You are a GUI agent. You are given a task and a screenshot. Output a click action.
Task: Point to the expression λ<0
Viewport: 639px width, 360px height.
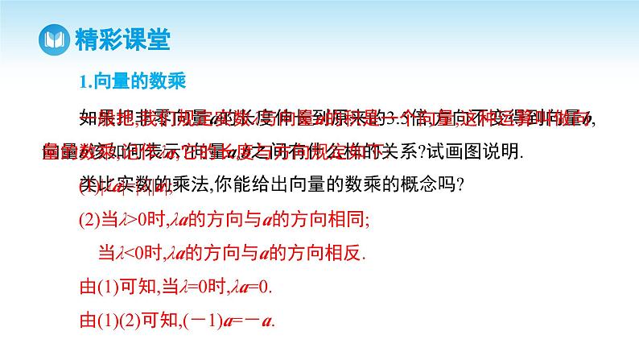[x=130, y=253]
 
